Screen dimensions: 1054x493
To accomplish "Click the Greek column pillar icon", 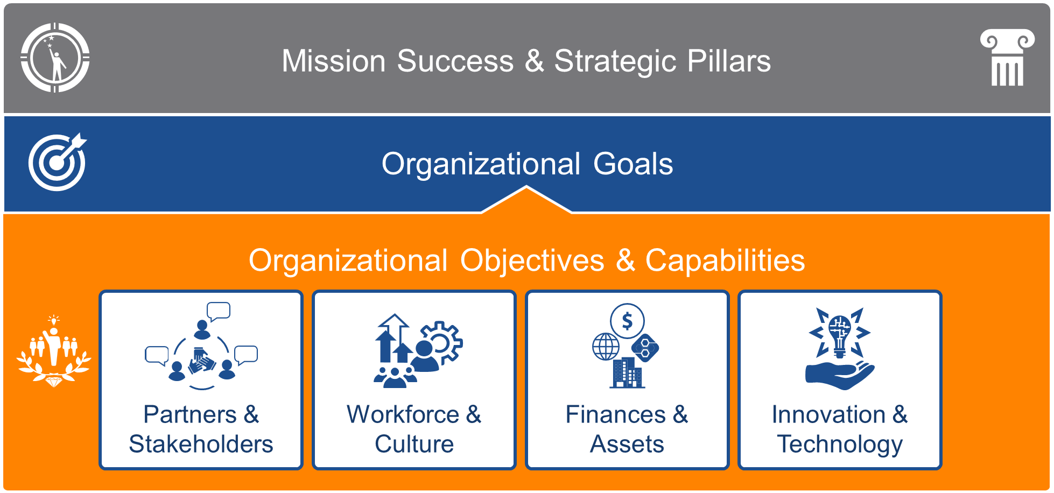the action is tap(1007, 58).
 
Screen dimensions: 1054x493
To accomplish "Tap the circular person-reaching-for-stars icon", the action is tap(55, 58).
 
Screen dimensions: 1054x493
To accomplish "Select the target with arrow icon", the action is tap(58, 161).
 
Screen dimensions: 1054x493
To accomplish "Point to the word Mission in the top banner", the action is tap(334, 61).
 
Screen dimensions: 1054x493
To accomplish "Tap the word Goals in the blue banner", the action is tap(633, 164).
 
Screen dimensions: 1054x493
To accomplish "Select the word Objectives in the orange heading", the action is tap(532, 260).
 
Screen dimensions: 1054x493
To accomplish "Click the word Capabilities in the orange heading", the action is tap(725, 260).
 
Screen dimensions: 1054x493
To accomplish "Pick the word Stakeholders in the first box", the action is tap(201, 444).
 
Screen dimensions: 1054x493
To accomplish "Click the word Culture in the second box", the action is tap(414, 444).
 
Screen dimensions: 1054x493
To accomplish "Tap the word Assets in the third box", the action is tap(627, 444).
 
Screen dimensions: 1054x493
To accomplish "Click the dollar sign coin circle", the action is tap(627, 321).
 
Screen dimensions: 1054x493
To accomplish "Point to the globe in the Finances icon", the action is tap(606, 346).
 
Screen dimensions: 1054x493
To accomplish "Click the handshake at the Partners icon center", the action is tap(201, 362).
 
